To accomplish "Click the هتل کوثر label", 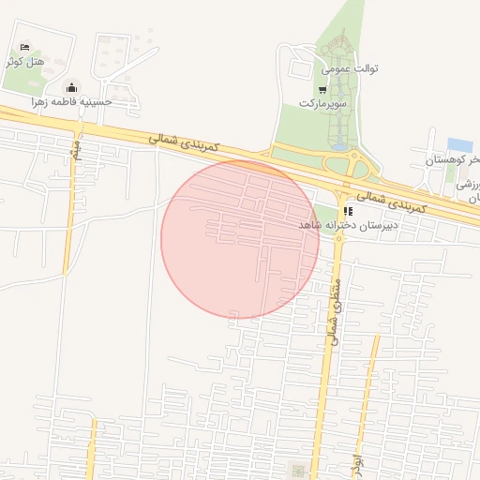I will click(24, 62).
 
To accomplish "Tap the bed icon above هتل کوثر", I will click(25, 47).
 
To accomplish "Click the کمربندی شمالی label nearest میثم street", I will click(184, 143).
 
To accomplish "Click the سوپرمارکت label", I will click(323, 102).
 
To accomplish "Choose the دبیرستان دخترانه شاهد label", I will click(349, 225).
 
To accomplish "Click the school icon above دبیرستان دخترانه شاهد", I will click(349, 212).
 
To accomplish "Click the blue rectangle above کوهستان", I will click(459, 144).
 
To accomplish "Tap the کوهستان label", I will click(448, 161).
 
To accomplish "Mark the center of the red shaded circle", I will click(240, 240).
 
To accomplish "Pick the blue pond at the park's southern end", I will click(337, 145).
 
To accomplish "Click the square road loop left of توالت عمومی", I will click(300, 69).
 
